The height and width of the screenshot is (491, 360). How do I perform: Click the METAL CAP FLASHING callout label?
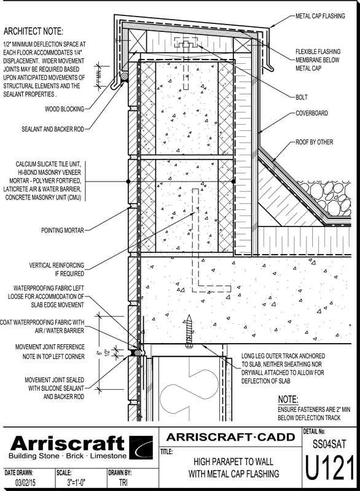point(320,16)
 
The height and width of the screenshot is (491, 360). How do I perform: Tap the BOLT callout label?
point(302,98)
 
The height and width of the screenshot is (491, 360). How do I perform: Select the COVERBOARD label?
point(311,113)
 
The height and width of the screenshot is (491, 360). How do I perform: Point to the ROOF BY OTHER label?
point(315,142)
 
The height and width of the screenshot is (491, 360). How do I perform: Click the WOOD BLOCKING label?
point(65,109)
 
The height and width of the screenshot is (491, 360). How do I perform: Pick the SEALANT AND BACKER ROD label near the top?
point(53,129)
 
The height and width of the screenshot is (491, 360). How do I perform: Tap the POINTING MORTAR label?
point(63,231)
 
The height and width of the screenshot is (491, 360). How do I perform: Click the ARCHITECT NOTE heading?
point(34,32)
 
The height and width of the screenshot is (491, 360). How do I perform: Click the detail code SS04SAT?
point(329,444)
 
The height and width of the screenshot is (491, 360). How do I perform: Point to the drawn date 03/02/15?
point(25,482)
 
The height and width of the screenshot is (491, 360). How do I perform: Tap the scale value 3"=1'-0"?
point(76,482)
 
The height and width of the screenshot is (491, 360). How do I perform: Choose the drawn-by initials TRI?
point(123,482)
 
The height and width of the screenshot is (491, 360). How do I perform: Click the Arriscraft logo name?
point(68,443)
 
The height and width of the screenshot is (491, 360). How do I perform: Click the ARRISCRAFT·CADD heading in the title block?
point(230,437)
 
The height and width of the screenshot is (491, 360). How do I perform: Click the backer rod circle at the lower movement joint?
point(137,352)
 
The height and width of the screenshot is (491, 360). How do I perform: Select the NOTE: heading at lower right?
point(288,400)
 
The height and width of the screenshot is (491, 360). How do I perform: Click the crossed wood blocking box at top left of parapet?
point(138,41)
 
